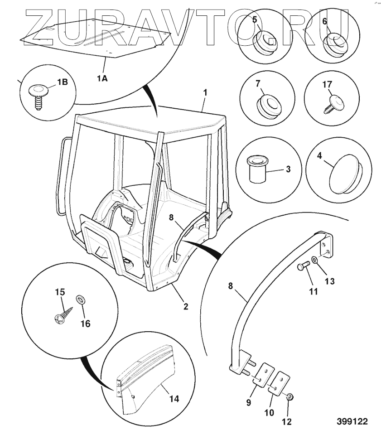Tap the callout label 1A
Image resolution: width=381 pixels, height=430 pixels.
tap(102, 78)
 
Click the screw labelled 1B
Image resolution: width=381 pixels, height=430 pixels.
tap(38, 94)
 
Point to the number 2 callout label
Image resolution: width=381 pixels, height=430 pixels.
tap(185, 306)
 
